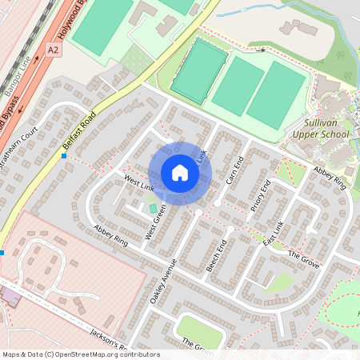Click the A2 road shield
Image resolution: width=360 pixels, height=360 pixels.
[54, 50]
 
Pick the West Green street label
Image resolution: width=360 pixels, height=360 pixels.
[155, 223]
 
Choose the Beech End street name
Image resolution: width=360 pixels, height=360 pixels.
[218, 254]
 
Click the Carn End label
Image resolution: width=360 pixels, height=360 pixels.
[234, 168]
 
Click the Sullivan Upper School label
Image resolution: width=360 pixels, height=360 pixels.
[328, 129]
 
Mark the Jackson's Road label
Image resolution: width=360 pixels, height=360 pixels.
[109, 341]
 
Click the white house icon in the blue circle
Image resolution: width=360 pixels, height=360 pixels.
[180, 173]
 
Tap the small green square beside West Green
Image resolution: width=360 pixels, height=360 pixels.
[153, 209]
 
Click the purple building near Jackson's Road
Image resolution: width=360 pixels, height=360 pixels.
[11, 297]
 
